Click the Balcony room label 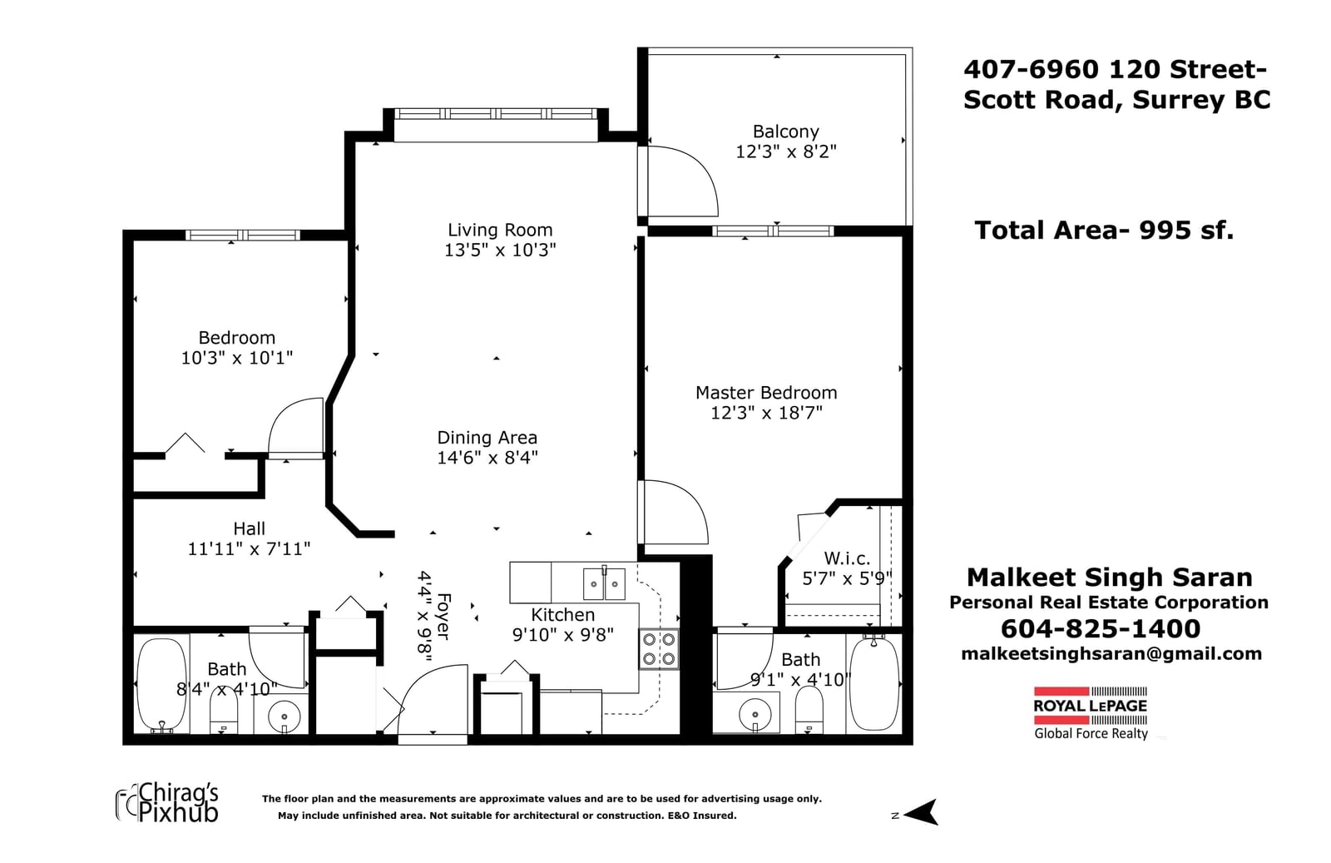pyautogui.click(x=785, y=131)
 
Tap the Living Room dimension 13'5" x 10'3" pyautogui.click(x=500, y=250)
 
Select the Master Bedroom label pyautogui.click(x=766, y=393)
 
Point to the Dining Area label pyautogui.click(x=487, y=438)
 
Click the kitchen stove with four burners pyautogui.click(x=659, y=649)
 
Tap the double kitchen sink pyautogui.click(x=604, y=583)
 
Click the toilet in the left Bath pyautogui.click(x=224, y=711)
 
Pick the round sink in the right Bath pyautogui.click(x=755, y=714)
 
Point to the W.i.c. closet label pyautogui.click(x=847, y=558)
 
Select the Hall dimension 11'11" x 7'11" pyautogui.click(x=249, y=549)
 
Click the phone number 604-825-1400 pyautogui.click(x=1101, y=629)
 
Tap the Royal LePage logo pyautogui.click(x=1091, y=713)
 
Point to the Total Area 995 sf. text pyautogui.click(x=1104, y=231)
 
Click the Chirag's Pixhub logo pyautogui.click(x=167, y=803)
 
